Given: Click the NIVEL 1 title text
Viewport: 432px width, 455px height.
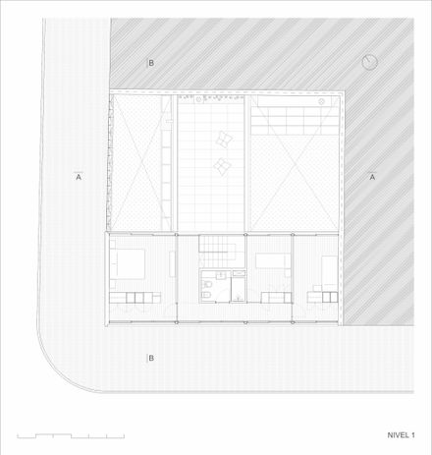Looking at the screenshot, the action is (401, 435).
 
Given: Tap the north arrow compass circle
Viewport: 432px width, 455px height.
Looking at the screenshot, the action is (370, 62).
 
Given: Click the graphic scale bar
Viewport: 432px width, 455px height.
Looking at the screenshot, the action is (71, 435).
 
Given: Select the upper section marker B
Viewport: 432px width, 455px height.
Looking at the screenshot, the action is (151, 63).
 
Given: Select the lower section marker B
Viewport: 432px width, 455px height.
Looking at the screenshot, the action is (151, 358).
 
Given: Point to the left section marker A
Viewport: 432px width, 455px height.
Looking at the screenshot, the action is (79, 176).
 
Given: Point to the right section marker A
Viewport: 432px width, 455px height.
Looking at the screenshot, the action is (372, 176).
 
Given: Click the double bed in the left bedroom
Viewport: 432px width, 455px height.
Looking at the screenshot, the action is (128, 264).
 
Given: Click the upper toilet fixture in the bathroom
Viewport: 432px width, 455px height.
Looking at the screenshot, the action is (207, 284).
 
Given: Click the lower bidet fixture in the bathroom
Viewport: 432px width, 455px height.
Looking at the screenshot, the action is (206, 296).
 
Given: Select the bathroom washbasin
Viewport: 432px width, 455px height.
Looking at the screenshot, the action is (221, 275).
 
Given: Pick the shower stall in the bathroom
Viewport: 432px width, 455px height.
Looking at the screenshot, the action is (239, 289).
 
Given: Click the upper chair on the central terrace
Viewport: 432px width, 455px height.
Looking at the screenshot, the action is (224, 140).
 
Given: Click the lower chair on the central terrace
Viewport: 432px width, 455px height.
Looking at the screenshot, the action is (222, 166).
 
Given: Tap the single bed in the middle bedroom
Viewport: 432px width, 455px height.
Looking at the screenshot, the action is (273, 260).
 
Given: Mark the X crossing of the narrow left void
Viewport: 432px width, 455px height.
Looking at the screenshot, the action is (141, 163).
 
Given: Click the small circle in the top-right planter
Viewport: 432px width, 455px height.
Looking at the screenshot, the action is (322, 101).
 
